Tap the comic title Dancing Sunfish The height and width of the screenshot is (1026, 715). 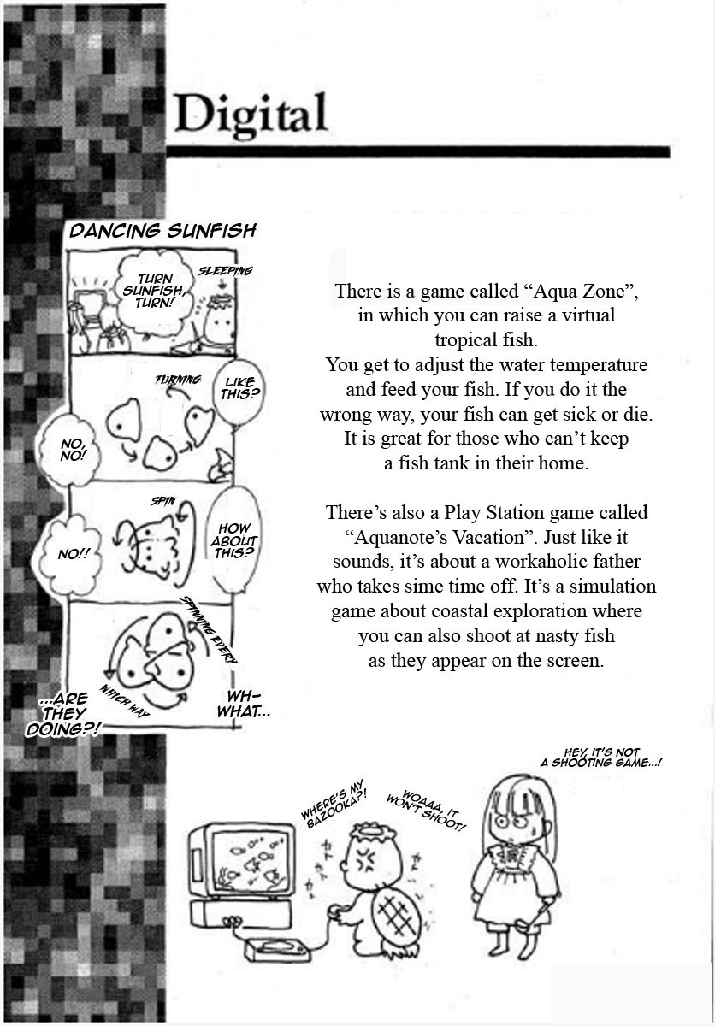click(162, 231)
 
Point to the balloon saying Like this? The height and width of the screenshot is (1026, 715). click(238, 388)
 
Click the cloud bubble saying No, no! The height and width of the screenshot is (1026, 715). click(69, 450)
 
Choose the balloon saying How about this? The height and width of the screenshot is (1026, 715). click(233, 541)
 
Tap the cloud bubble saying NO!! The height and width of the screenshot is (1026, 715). click(70, 555)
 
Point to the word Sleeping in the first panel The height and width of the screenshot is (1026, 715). click(225, 271)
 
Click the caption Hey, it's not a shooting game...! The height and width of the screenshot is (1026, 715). click(601, 758)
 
